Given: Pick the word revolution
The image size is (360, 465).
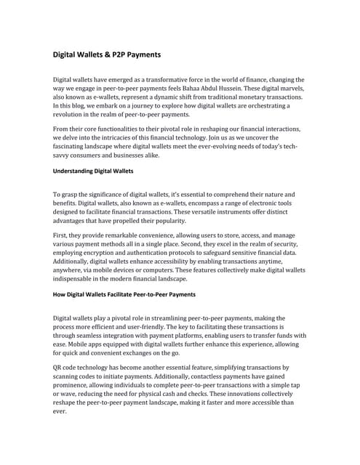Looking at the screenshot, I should click(71, 115).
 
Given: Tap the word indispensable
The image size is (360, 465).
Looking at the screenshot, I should click(78, 278).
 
